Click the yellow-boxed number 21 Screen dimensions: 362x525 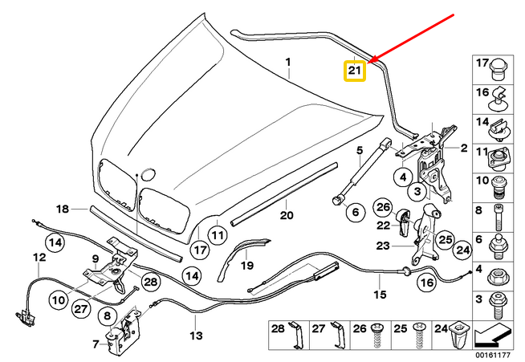354,71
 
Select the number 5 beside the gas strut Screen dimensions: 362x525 360,148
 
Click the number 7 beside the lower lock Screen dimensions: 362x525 96,344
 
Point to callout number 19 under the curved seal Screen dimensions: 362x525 248,264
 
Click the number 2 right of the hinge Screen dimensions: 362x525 463,148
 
